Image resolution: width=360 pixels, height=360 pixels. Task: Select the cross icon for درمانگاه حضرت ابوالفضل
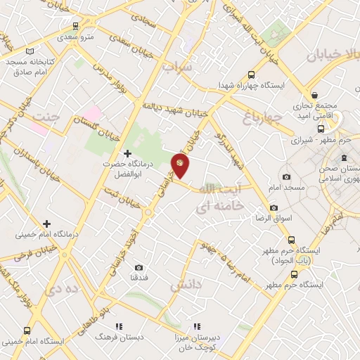point(127,153)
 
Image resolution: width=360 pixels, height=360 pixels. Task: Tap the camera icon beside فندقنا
point(139,267)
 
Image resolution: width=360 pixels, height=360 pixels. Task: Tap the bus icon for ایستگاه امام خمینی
point(27,330)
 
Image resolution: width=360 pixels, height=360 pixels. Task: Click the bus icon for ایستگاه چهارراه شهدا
point(252,75)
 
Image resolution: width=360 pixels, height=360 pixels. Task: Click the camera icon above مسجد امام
point(286,177)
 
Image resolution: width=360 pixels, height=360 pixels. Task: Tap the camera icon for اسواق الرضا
point(274,208)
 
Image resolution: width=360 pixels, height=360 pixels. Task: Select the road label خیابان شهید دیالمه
point(172,110)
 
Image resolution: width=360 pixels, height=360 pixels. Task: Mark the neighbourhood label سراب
point(177,67)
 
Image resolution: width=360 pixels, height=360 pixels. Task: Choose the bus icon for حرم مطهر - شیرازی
point(321,129)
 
